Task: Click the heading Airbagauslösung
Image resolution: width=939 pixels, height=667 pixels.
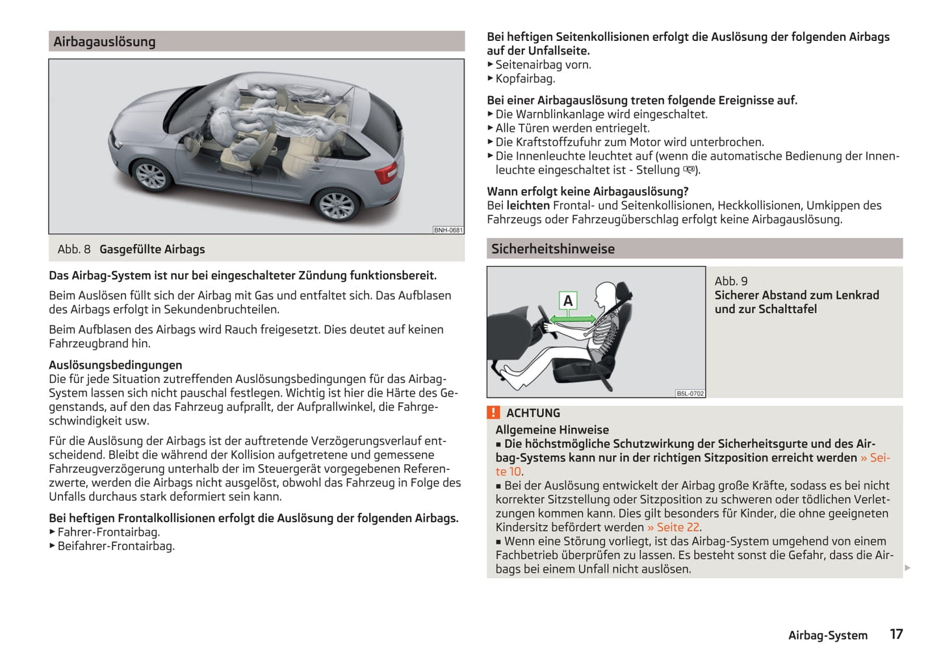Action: [x=105, y=42]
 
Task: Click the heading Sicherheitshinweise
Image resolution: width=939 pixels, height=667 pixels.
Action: [x=553, y=249]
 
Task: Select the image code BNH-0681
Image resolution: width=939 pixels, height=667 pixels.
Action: [x=448, y=230]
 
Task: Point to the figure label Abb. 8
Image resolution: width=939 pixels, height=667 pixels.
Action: [x=74, y=250]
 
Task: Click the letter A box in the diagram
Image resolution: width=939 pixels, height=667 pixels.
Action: [x=568, y=301]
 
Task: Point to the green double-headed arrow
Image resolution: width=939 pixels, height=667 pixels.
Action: [x=572, y=319]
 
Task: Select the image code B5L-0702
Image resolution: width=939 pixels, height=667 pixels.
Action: [x=690, y=393]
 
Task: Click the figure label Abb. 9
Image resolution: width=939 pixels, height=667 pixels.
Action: [x=731, y=281]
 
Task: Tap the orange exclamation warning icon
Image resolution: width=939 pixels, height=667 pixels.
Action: [x=494, y=413]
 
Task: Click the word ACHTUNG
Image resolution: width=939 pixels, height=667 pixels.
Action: [x=533, y=413]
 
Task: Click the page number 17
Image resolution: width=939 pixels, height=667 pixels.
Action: [x=896, y=634]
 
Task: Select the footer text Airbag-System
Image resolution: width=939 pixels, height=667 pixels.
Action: [x=827, y=635]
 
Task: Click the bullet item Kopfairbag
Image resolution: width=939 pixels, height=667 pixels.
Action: [x=525, y=79]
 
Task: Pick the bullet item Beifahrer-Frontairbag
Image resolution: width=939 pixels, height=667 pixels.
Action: [x=116, y=546]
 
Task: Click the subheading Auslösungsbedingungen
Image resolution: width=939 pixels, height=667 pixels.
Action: [x=116, y=365]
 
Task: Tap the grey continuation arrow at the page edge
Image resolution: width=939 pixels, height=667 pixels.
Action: [x=907, y=568]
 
